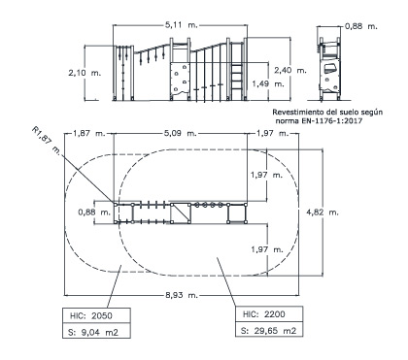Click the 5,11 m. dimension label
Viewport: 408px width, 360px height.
(x=182, y=25)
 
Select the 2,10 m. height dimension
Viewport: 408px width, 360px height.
(x=85, y=73)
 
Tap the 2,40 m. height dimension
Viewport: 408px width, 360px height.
(x=290, y=70)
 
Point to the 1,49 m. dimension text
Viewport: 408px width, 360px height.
(x=268, y=83)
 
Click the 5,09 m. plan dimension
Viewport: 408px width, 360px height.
(x=181, y=133)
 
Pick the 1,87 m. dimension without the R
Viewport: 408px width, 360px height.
(x=89, y=133)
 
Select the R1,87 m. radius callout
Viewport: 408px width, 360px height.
(x=47, y=141)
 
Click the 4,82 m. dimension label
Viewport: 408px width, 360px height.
(x=323, y=213)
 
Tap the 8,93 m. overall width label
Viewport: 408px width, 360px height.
(x=182, y=295)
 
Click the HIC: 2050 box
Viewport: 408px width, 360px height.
(x=96, y=315)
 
